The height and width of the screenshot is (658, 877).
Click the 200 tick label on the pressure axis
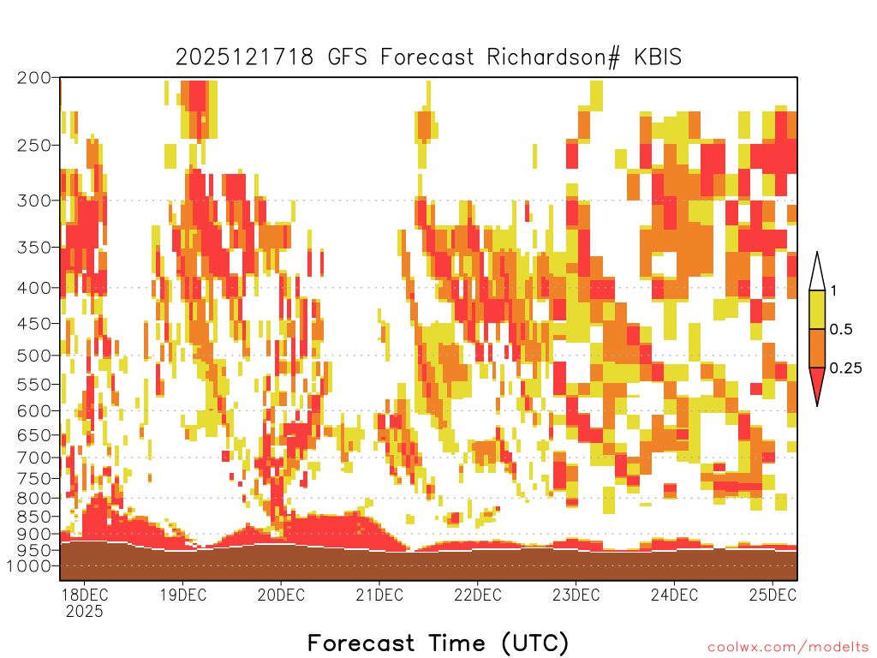(33, 78)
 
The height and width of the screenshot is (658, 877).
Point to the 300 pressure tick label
(33, 200)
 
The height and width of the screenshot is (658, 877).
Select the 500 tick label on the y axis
(33, 356)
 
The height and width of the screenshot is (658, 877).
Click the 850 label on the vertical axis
(33, 517)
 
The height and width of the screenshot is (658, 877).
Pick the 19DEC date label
(183, 595)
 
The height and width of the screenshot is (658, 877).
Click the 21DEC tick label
(379, 595)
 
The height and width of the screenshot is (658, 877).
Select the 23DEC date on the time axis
(576, 595)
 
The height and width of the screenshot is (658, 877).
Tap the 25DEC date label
(773, 595)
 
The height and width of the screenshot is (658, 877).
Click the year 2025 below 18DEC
(85, 611)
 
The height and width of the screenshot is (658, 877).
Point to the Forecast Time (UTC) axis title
(438, 643)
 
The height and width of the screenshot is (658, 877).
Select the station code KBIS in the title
(658, 57)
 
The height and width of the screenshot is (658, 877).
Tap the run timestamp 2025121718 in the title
(244, 57)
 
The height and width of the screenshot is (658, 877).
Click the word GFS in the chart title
(347, 57)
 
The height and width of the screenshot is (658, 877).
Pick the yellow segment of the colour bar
(817, 309)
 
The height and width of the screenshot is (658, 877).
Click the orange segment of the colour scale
(817, 348)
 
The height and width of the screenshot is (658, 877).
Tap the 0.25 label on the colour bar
(845, 368)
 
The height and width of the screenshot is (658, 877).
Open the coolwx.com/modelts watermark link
(789, 648)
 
